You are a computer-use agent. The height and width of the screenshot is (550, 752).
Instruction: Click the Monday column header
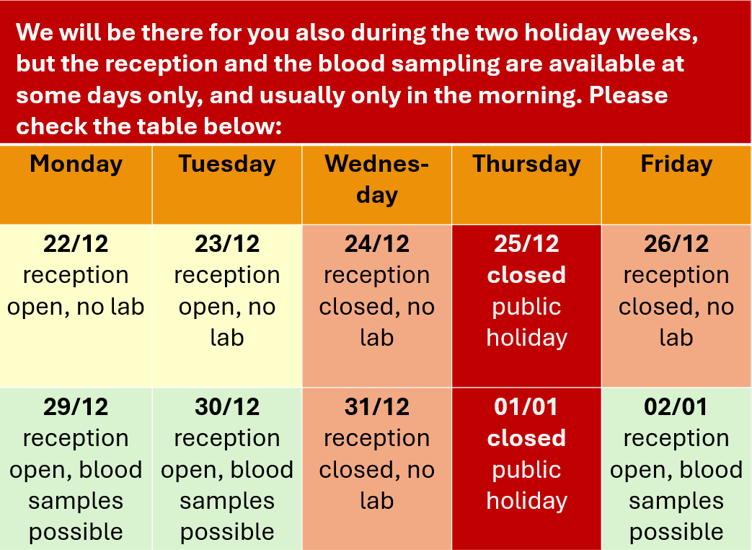coord(76,164)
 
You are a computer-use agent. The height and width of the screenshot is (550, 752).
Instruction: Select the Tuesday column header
coord(227,164)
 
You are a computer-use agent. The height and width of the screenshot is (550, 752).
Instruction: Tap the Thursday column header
coord(526,164)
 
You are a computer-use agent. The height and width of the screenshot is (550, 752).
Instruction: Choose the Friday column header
coord(676,164)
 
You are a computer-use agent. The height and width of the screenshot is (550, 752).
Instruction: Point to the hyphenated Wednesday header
coord(377,179)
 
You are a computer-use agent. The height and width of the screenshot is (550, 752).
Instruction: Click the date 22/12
coord(76,244)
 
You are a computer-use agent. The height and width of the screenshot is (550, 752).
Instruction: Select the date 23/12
coord(227,244)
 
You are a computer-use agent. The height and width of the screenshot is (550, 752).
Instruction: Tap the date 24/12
coord(377,244)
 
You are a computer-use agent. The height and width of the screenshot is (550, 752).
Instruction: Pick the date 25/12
coord(526,244)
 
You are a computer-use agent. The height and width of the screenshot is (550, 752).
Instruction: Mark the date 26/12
coord(676,244)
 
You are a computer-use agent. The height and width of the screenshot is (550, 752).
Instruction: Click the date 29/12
coord(76,407)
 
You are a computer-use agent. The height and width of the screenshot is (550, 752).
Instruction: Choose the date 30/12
coord(227,407)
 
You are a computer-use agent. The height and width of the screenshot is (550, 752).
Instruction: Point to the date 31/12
coord(377,407)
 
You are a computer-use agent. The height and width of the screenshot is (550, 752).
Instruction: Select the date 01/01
coord(526,407)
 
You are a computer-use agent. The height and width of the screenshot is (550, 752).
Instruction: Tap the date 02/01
coord(676,407)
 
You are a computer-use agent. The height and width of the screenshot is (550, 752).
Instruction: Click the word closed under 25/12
coord(526,275)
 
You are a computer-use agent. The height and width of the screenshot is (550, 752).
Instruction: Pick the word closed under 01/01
coord(526,438)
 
